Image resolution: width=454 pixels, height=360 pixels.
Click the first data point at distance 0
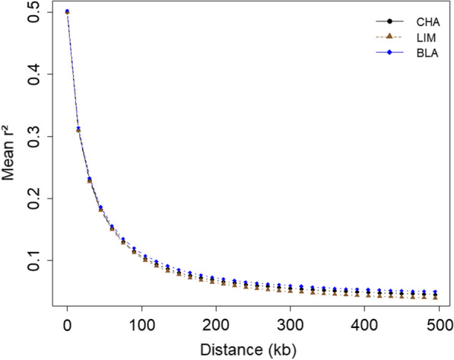[68, 12]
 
